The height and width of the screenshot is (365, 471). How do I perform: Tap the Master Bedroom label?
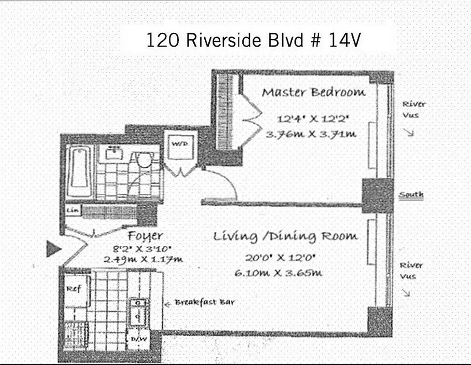click(x=313, y=93)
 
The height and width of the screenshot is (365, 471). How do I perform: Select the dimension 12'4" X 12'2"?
click(x=313, y=120)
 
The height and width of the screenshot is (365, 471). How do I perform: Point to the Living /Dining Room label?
click(x=286, y=236)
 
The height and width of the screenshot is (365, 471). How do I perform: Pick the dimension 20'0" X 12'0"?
click(x=281, y=258)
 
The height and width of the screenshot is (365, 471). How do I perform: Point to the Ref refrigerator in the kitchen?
click(x=74, y=289)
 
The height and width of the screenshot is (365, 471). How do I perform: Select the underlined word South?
click(x=411, y=195)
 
